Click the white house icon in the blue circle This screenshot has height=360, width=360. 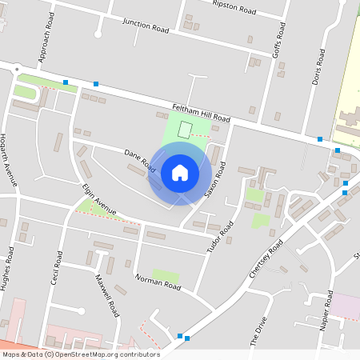(180, 173)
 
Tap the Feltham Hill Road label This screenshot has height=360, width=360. (201, 113)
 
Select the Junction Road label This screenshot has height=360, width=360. (146, 25)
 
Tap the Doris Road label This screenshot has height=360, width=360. (319, 66)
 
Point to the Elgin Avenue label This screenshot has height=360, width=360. (99, 200)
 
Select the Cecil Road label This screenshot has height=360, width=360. (56, 271)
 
